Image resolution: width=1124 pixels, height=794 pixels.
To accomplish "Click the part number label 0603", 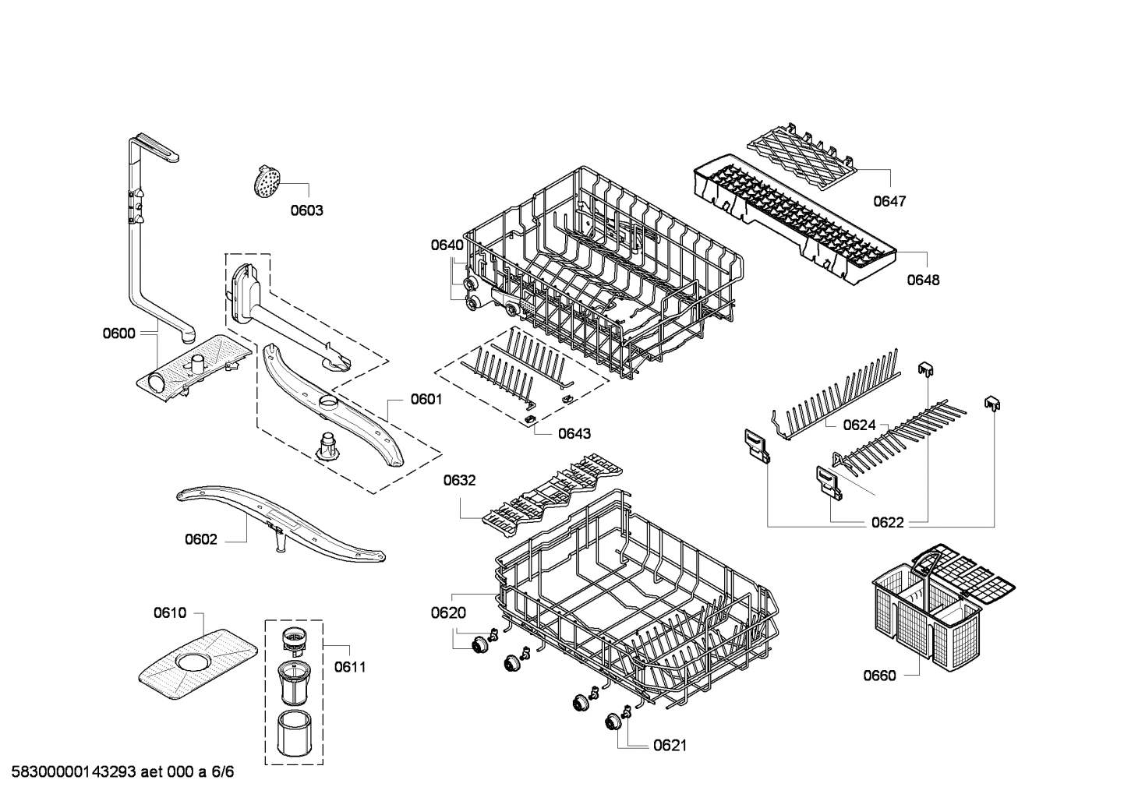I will click(306, 210).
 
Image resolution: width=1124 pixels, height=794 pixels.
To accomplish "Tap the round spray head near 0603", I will click(266, 182).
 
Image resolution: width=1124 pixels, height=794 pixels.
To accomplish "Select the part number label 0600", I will click(118, 333).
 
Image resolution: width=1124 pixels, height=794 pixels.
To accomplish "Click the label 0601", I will click(426, 400).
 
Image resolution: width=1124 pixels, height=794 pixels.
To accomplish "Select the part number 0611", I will click(350, 667).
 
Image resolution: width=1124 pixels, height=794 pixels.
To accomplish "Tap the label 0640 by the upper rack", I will click(447, 245).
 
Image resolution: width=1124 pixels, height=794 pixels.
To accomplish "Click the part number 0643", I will click(574, 434).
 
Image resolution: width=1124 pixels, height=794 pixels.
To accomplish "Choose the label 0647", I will click(889, 201).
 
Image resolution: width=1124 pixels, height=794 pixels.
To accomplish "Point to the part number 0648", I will click(923, 280).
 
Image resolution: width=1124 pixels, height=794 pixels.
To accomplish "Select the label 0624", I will click(859, 425).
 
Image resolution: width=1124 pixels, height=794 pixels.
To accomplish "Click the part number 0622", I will click(887, 523).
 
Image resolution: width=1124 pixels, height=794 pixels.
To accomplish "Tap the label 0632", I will click(459, 481).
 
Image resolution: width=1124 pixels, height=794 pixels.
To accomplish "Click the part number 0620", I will click(448, 613).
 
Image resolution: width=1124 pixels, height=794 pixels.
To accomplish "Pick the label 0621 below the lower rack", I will click(670, 746).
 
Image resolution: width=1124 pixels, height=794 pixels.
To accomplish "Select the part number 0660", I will click(879, 676).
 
